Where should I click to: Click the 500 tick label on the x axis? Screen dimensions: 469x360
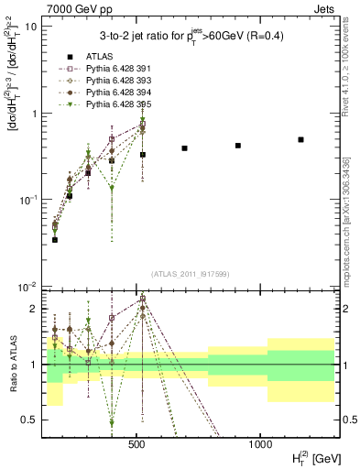136,443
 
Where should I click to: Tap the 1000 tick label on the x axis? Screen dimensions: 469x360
259,443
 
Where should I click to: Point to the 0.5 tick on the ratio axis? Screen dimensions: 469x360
30,420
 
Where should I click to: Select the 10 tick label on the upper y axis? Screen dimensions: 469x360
31,27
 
